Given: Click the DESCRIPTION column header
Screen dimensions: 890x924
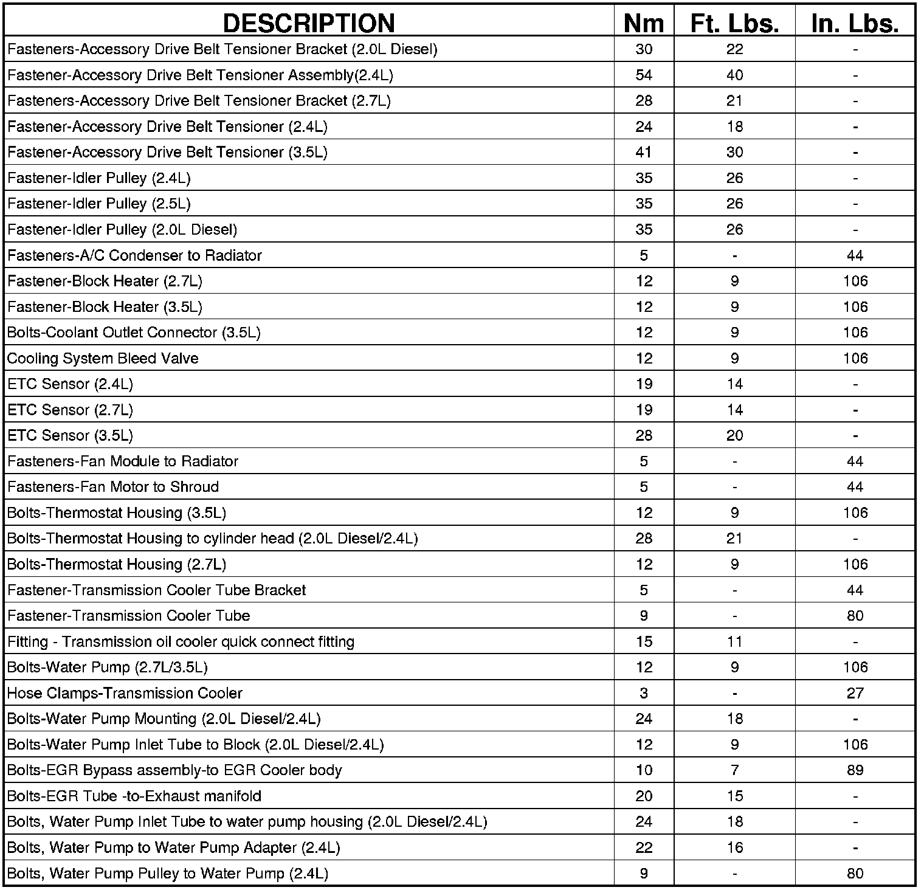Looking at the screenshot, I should (x=309, y=23).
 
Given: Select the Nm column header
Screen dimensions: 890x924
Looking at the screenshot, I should (x=644, y=23).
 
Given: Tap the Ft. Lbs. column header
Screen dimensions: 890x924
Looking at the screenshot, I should (x=734, y=23).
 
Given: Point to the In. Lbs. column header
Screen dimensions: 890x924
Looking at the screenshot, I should (x=855, y=23).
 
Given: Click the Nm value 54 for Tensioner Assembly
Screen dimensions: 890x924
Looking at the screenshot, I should (x=644, y=75).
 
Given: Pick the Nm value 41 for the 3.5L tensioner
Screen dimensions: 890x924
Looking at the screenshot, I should (x=644, y=153).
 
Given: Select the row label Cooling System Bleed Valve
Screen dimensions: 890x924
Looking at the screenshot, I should (x=103, y=359).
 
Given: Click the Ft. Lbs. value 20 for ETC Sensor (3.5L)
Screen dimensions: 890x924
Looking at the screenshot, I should (x=734, y=436).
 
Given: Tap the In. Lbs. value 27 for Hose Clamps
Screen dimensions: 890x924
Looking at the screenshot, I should (x=855, y=693).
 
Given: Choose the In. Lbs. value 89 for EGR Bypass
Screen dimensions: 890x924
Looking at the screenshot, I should (x=855, y=770).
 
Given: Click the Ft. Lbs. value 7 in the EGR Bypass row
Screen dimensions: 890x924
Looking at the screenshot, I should (x=734, y=770).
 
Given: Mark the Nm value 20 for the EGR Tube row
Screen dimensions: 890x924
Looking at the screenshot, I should (x=644, y=796).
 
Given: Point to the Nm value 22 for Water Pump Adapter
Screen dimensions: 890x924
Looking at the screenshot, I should (x=644, y=847).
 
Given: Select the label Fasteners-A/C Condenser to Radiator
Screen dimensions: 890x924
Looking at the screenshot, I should (x=134, y=255).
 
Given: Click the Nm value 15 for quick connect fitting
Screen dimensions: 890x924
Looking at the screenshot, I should (x=644, y=642).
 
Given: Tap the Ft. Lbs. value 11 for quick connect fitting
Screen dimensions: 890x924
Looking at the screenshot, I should (x=734, y=642).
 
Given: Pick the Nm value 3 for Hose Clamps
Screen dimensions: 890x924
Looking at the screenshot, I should (x=644, y=693).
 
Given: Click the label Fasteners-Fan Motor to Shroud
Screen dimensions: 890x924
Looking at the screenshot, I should (x=113, y=487).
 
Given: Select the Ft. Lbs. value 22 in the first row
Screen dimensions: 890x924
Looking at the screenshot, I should (x=734, y=49).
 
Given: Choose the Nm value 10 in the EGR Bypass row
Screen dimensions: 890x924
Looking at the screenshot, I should (x=644, y=770).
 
